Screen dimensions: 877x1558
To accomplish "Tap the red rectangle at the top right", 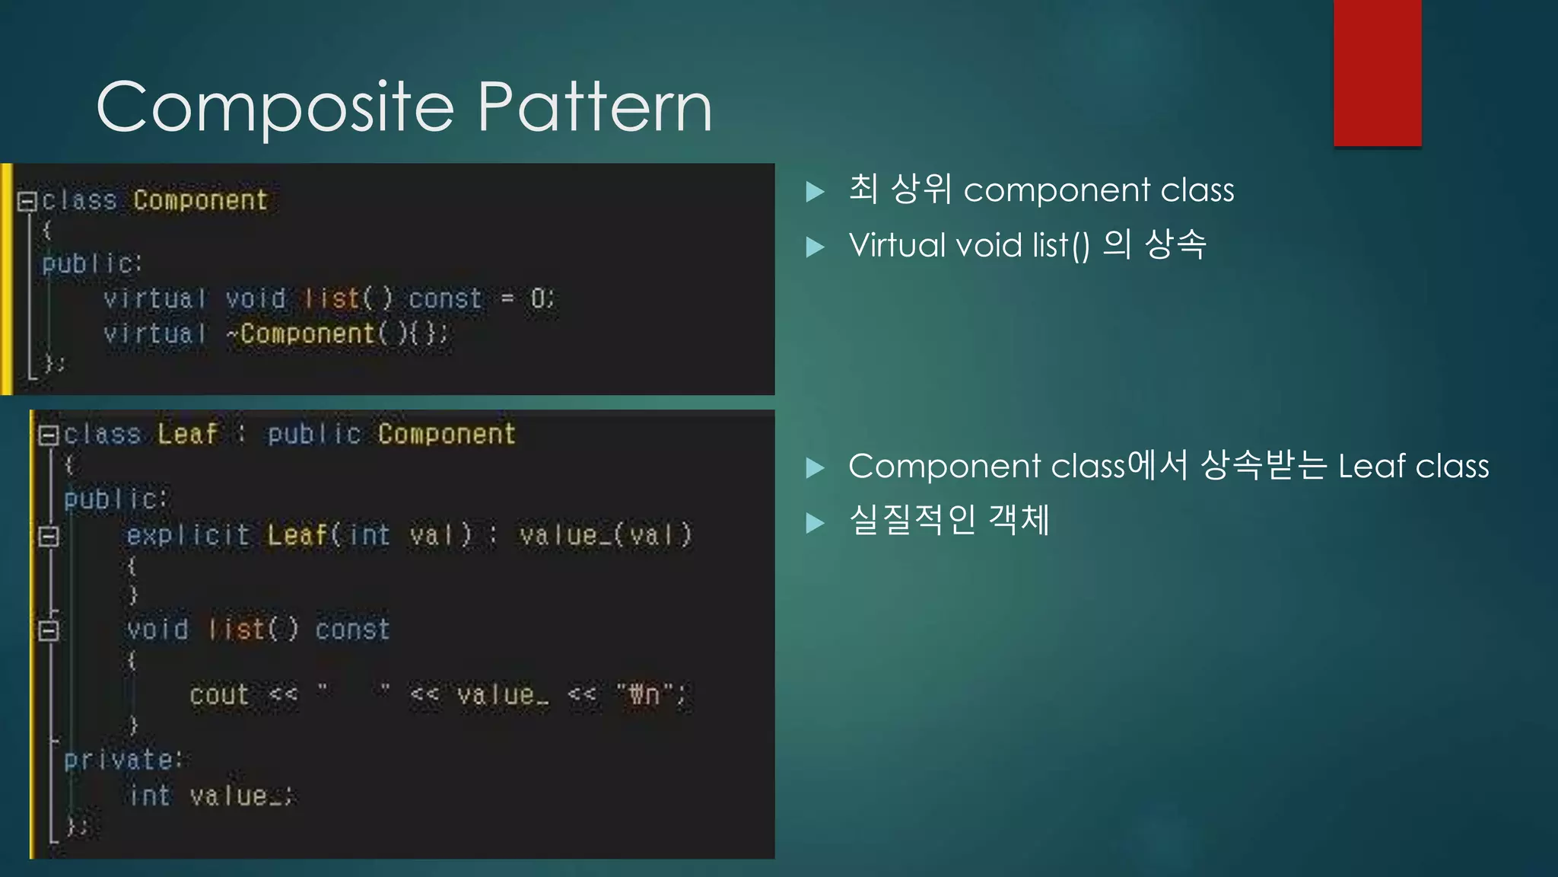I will coord(1377,73).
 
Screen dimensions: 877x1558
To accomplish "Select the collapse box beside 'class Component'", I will coord(27,201).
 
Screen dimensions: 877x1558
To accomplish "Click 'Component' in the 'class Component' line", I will coord(201,200).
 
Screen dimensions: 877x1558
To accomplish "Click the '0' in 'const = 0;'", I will coord(538,298).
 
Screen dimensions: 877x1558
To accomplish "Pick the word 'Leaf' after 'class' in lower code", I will coord(187,434).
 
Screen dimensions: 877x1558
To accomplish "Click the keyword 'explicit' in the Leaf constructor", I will coord(188,535).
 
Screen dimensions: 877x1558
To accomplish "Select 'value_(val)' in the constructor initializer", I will coord(606,535).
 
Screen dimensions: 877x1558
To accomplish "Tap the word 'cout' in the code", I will coord(219,694).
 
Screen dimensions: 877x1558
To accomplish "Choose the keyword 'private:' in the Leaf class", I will coord(123,759).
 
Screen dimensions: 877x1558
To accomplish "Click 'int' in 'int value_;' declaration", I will coord(149,796).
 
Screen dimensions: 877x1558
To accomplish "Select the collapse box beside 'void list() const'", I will coord(49,630).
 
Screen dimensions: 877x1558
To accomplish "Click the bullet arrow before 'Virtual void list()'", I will coord(815,247).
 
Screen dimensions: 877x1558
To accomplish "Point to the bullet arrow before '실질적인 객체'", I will coord(815,522).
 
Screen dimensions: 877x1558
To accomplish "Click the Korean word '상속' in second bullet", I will coord(1175,244).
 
